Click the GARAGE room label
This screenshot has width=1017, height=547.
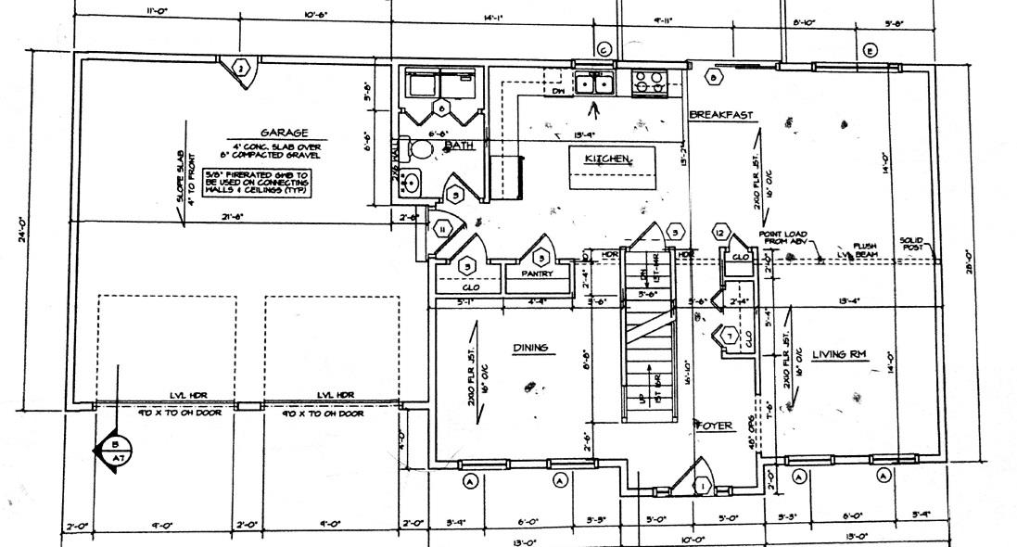(284, 133)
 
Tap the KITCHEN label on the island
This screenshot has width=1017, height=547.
(607, 159)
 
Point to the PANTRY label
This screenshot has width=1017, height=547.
(537, 273)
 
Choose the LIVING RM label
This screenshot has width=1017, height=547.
(838, 354)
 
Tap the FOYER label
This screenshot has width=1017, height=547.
(714, 426)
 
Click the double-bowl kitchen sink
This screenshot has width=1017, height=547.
(594, 84)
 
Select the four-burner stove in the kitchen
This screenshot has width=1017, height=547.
(646, 84)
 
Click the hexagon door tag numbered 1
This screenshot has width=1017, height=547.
(702, 485)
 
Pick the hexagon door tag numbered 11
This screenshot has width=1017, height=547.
(443, 229)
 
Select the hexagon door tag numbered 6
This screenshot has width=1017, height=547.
(441, 109)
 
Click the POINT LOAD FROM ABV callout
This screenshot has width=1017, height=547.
(783, 237)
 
